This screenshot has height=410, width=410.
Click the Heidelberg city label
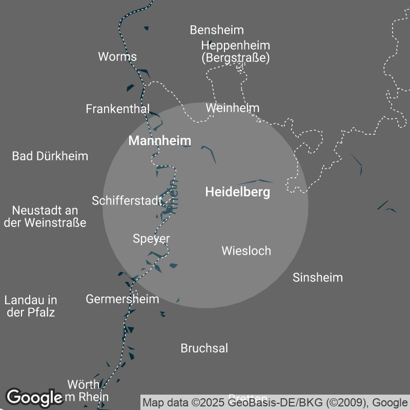(237, 193)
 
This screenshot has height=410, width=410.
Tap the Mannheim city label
(159, 140)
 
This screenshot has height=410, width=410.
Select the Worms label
(117, 56)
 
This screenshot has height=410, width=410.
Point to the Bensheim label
(217, 30)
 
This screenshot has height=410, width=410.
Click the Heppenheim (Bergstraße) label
(236, 51)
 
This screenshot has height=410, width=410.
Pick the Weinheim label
(233, 108)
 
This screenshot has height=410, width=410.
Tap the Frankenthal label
(118, 109)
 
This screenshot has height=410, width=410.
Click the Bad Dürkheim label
(50, 156)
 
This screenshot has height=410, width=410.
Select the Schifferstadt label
(127, 201)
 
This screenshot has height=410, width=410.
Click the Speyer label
(151, 239)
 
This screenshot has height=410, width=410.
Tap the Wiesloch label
(246, 251)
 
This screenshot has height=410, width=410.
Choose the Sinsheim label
(318, 278)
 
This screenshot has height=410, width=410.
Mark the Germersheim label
(122, 299)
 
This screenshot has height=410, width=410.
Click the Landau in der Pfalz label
(31, 306)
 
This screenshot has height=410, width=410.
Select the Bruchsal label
(204, 348)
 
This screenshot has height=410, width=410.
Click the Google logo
(34, 398)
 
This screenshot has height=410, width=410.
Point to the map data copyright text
(275, 402)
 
